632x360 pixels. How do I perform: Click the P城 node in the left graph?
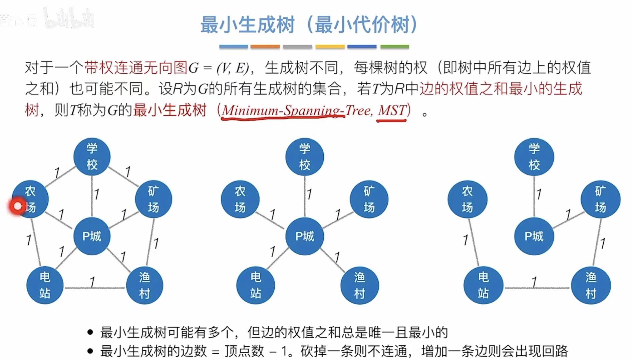click(x=92, y=236)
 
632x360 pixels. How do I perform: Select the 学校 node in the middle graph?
click(x=304, y=157)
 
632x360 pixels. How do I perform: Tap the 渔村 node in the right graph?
click(x=591, y=286)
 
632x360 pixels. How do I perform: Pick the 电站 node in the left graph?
click(x=45, y=286)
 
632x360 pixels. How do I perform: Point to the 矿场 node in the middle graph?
click(x=369, y=200)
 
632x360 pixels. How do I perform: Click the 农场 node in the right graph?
click(x=467, y=200)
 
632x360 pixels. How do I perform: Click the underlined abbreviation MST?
click(x=392, y=110)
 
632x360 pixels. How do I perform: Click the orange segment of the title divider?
click(x=265, y=47)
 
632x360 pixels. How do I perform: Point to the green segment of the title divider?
click(x=395, y=47)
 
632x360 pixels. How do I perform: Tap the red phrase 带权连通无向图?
click(x=135, y=68)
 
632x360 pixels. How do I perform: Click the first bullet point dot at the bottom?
click(x=90, y=332)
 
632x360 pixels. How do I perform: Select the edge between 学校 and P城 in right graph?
click(x=534, y=197)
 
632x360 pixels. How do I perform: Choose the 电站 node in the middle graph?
click(x=256, y=286)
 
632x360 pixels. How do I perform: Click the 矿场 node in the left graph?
click(x=153, y=200)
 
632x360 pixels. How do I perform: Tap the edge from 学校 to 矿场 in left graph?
click(x=123, y=176)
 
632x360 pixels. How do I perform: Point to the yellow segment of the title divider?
click(x=330, y=47)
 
